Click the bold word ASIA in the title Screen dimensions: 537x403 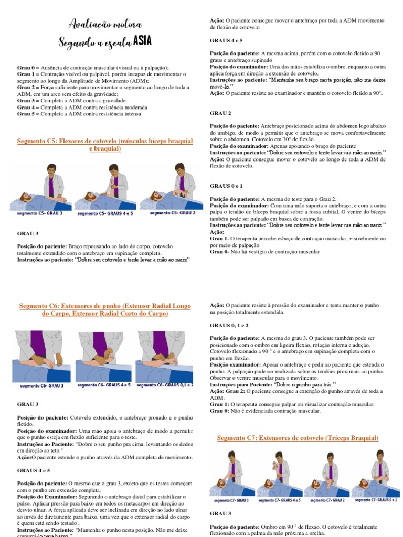tap(142, 41)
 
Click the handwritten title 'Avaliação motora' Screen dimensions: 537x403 tap(105, 24)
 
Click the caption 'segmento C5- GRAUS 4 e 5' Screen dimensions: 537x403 tap(105, 213)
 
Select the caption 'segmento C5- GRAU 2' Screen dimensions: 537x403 tap(173, 213)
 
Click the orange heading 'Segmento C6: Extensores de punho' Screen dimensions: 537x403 tap(105, 309)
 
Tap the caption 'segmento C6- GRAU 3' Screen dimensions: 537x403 tap(42, 385)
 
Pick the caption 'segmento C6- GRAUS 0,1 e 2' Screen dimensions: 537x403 tap(165, 385)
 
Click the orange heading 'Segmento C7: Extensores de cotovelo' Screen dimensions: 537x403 tap(298, 438)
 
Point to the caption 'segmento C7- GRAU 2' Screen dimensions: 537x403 tap(327, 500)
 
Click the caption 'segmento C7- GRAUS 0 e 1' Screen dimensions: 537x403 tap(376, 500)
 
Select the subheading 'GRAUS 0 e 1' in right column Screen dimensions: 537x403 tap(226, 186)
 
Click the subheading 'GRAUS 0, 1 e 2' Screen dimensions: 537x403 tap(229, 325)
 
